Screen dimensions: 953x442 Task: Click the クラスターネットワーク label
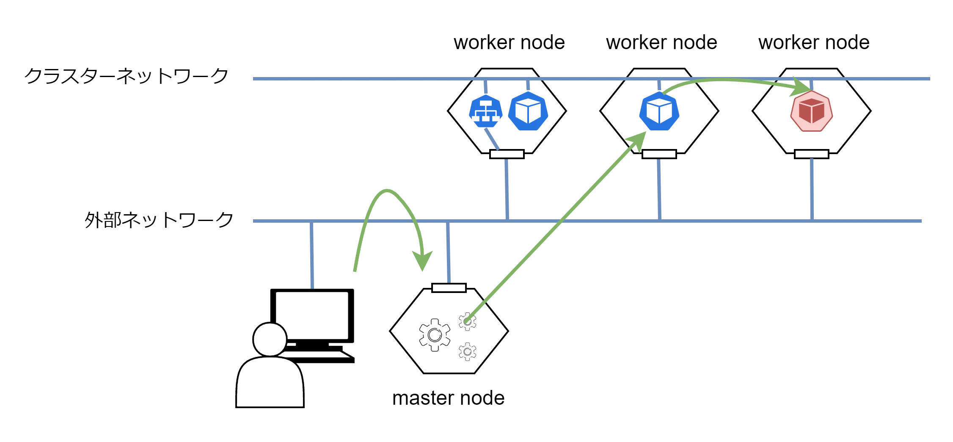click(x=126, y=76)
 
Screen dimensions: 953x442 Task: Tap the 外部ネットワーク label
click(x=159, y=220)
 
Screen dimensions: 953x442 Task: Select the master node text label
click(x=449, y=398)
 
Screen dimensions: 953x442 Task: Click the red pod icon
click(x=812, y=111)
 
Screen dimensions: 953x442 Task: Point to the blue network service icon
click(x=486, y=111)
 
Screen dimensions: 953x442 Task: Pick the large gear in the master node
click(x=435, y=335)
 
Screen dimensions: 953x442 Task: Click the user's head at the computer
click(x=270, y=340)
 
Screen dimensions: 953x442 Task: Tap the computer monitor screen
click(x=312, y=315)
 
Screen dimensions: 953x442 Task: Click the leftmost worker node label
click(x=509, y=43)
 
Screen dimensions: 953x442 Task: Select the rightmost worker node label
click(x=814, y=43)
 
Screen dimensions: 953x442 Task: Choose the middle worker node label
click(x=661, y=43)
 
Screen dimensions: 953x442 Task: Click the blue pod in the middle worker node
click(x=659, y=111)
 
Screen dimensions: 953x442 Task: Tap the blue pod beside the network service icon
click(x=528, y=111)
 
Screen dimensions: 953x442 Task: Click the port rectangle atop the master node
click(x=449, y=288)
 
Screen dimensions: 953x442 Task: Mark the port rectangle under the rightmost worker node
click(x=812, y=154)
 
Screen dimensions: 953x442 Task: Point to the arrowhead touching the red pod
click(x=801, y=87)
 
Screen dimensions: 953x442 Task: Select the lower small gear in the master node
click(x=468, y=351)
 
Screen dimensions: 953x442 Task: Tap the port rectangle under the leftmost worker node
click(x=507, y=154)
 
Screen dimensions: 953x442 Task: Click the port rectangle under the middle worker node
click(x=659, y=154)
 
